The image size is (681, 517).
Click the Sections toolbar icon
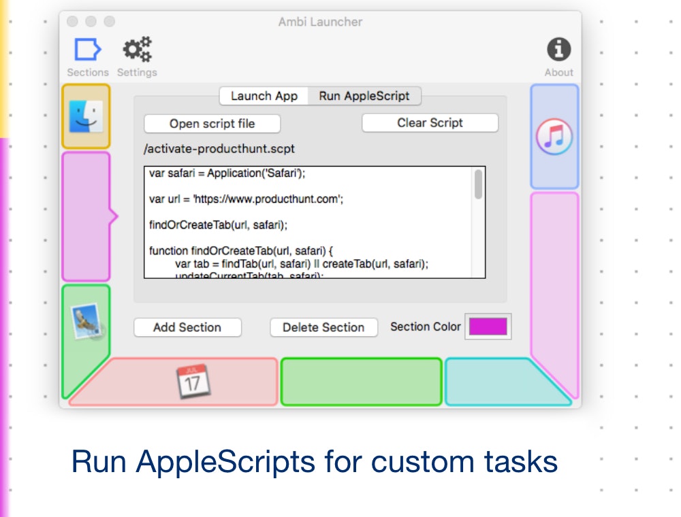click(88, 50)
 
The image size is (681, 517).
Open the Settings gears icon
click(137, 50)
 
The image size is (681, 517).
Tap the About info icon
click(558, 50)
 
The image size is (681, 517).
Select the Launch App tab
click(264, 96)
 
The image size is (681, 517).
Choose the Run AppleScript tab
click(364, 96)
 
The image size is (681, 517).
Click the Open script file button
click(212, 124)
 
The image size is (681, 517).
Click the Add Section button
click(187, 327)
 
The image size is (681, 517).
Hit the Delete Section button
click(323, 327)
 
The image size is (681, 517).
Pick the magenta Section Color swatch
click(488, 327)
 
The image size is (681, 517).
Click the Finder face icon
click(86, 116)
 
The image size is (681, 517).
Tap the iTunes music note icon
click(554, 137)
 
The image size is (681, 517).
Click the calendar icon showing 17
click(193, 381)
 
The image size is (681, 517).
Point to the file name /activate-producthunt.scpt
click(219, 148)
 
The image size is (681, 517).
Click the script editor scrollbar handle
click(478, 184)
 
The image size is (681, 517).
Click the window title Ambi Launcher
click(320, 22)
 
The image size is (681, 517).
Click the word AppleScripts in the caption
click(225, 462)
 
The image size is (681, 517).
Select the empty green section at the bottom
click(361, 382)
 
